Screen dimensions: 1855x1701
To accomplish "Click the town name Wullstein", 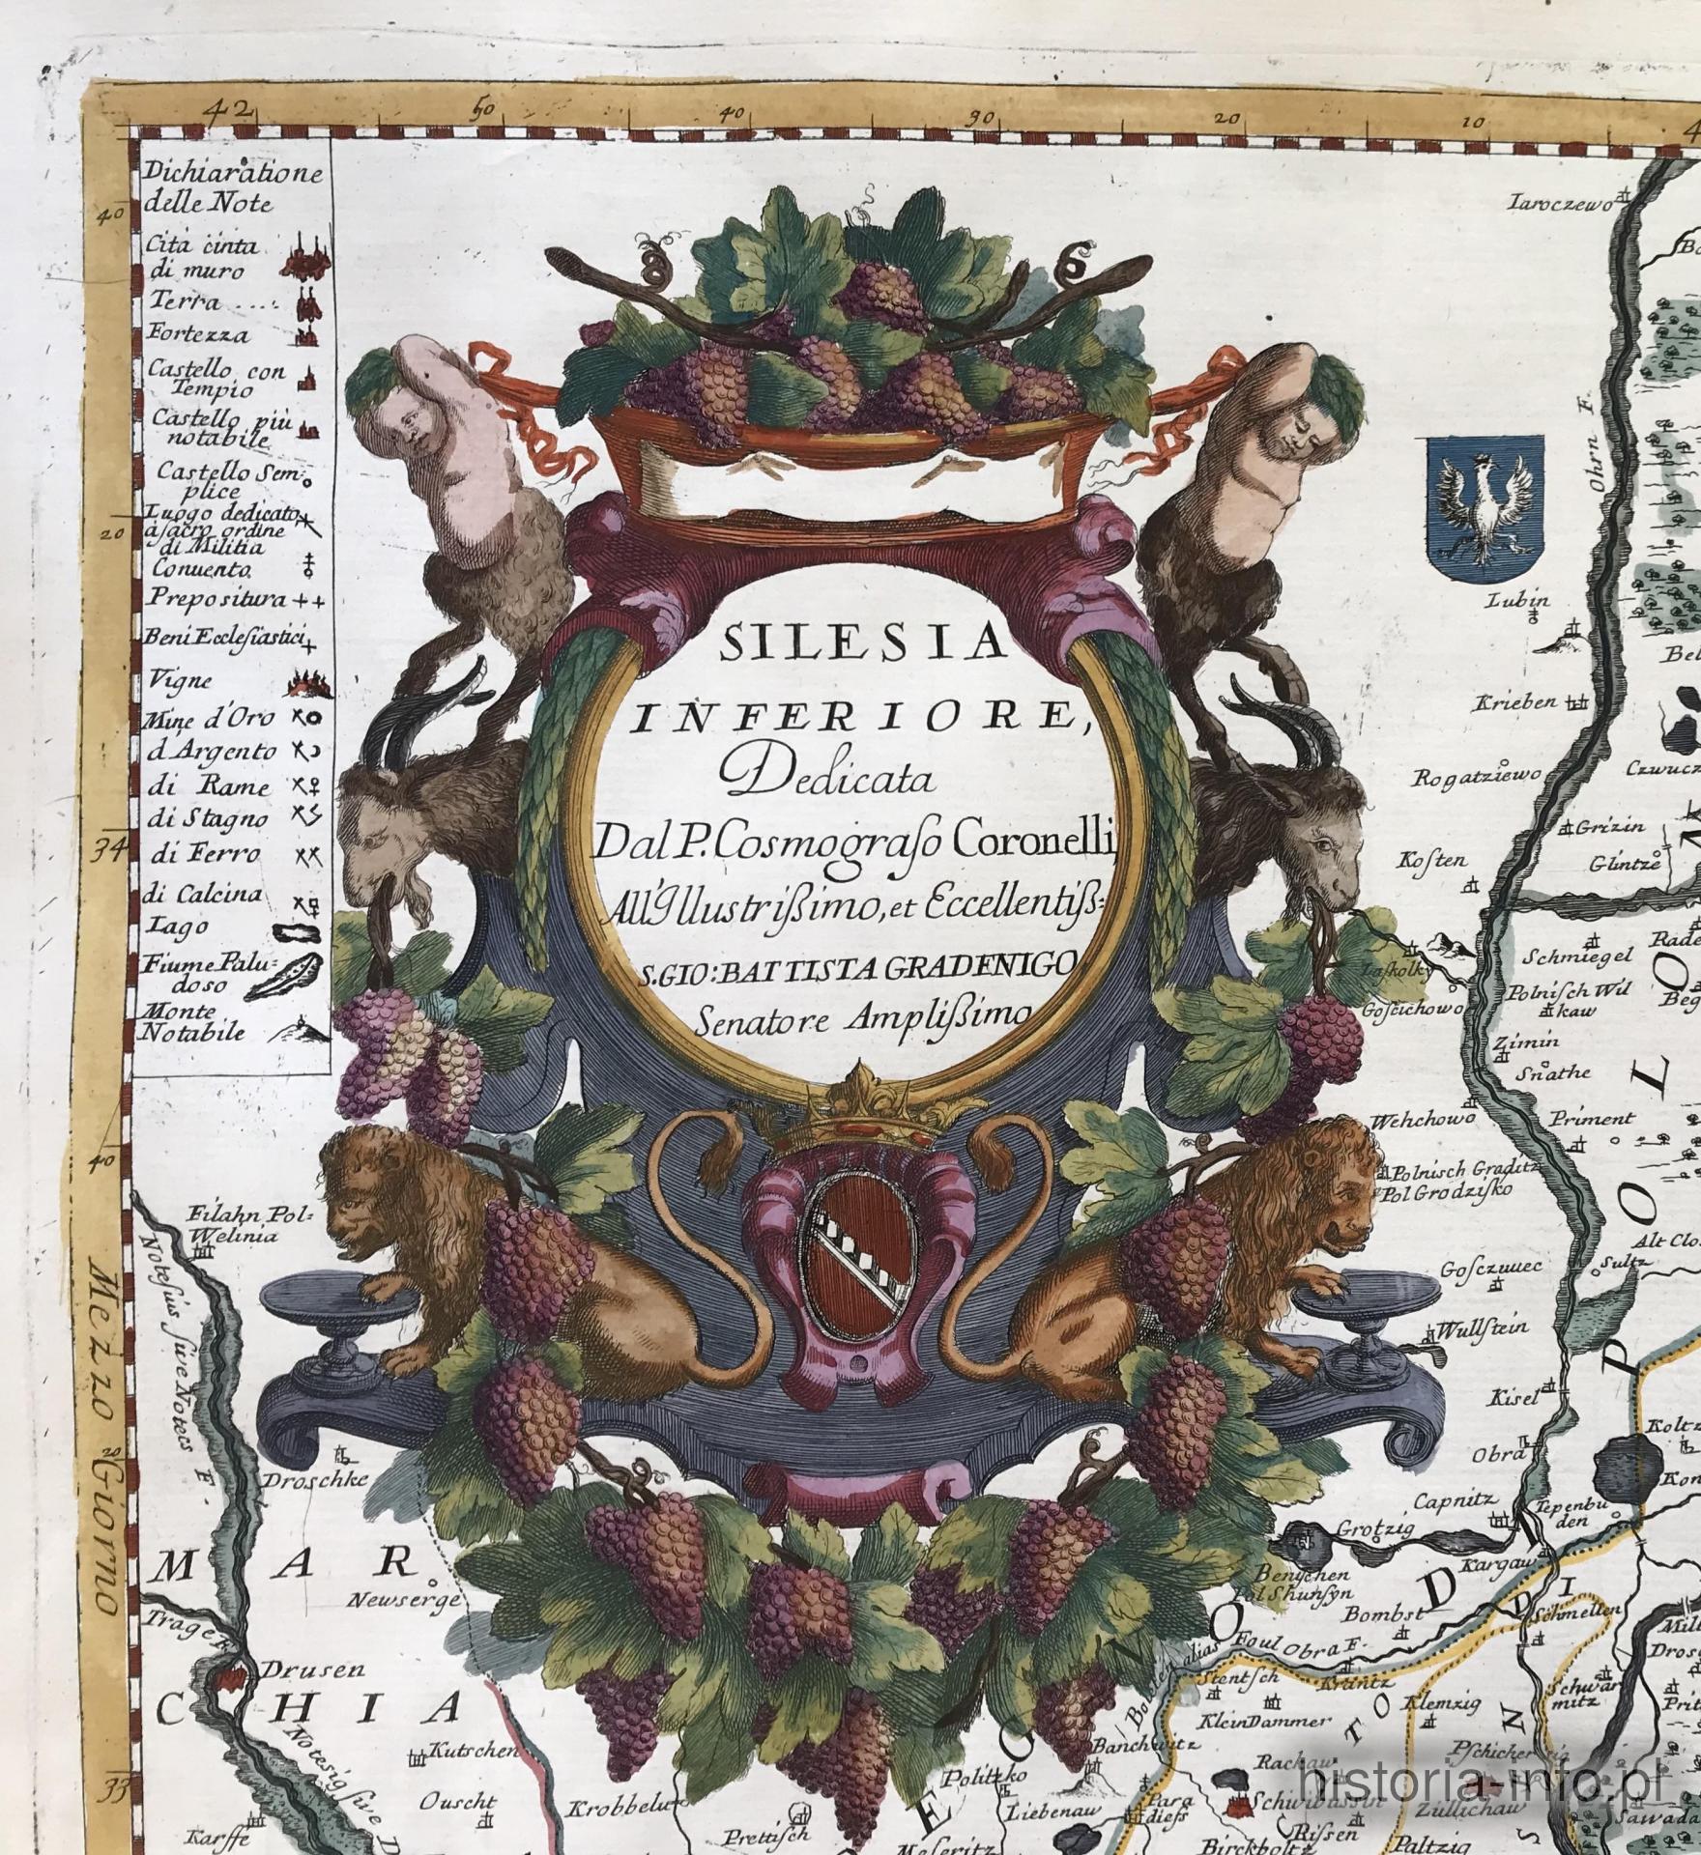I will pos(1473,1327).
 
